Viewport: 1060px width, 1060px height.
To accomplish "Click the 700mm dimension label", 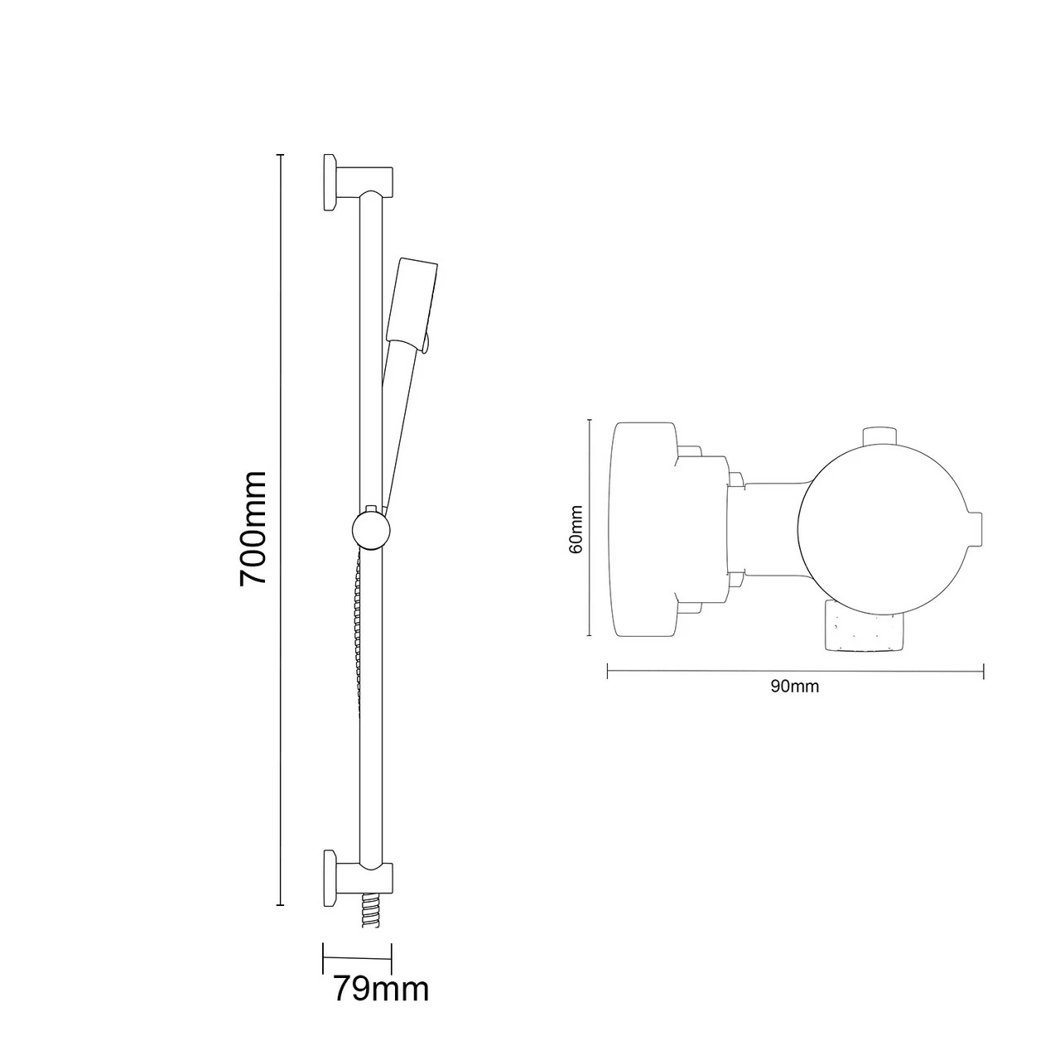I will click(x=253, y=528).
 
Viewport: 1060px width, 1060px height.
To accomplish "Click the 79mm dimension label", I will click(x=381, y=989).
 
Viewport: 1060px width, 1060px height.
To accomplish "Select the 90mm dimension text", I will click(x=794, y=687).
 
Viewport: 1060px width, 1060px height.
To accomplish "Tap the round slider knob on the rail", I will click(x=369, y=529).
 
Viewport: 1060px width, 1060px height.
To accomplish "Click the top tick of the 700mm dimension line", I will click(x=281, y=155).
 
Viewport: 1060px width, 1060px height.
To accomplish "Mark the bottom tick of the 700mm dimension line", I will click(x=281, y=905).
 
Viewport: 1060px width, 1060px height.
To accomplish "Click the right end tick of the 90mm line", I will click(x=983, y=671).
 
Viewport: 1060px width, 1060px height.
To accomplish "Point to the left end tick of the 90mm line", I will click(x=608, y=671).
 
